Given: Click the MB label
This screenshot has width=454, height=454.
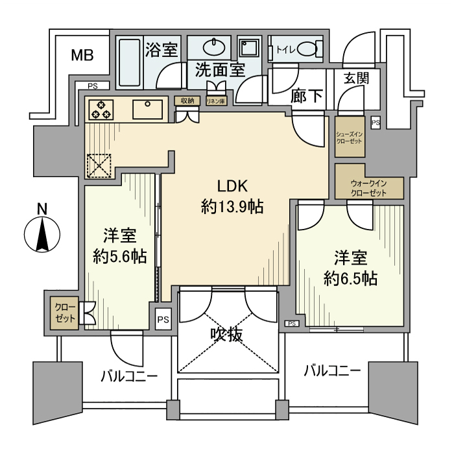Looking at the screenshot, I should [82, 55].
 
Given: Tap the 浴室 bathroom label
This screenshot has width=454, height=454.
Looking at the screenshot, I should [161, 50].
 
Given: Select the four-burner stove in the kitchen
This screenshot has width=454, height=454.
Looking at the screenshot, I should [101, 109].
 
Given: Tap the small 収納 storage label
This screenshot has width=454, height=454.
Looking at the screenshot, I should [187, 101].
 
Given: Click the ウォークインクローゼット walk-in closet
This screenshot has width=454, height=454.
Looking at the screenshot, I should [369, 188].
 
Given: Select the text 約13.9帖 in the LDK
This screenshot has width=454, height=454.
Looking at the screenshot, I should [232, 208].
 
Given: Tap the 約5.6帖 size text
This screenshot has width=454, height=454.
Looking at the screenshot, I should [119, 256].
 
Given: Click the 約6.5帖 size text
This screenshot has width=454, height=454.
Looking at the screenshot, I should [351, 279].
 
